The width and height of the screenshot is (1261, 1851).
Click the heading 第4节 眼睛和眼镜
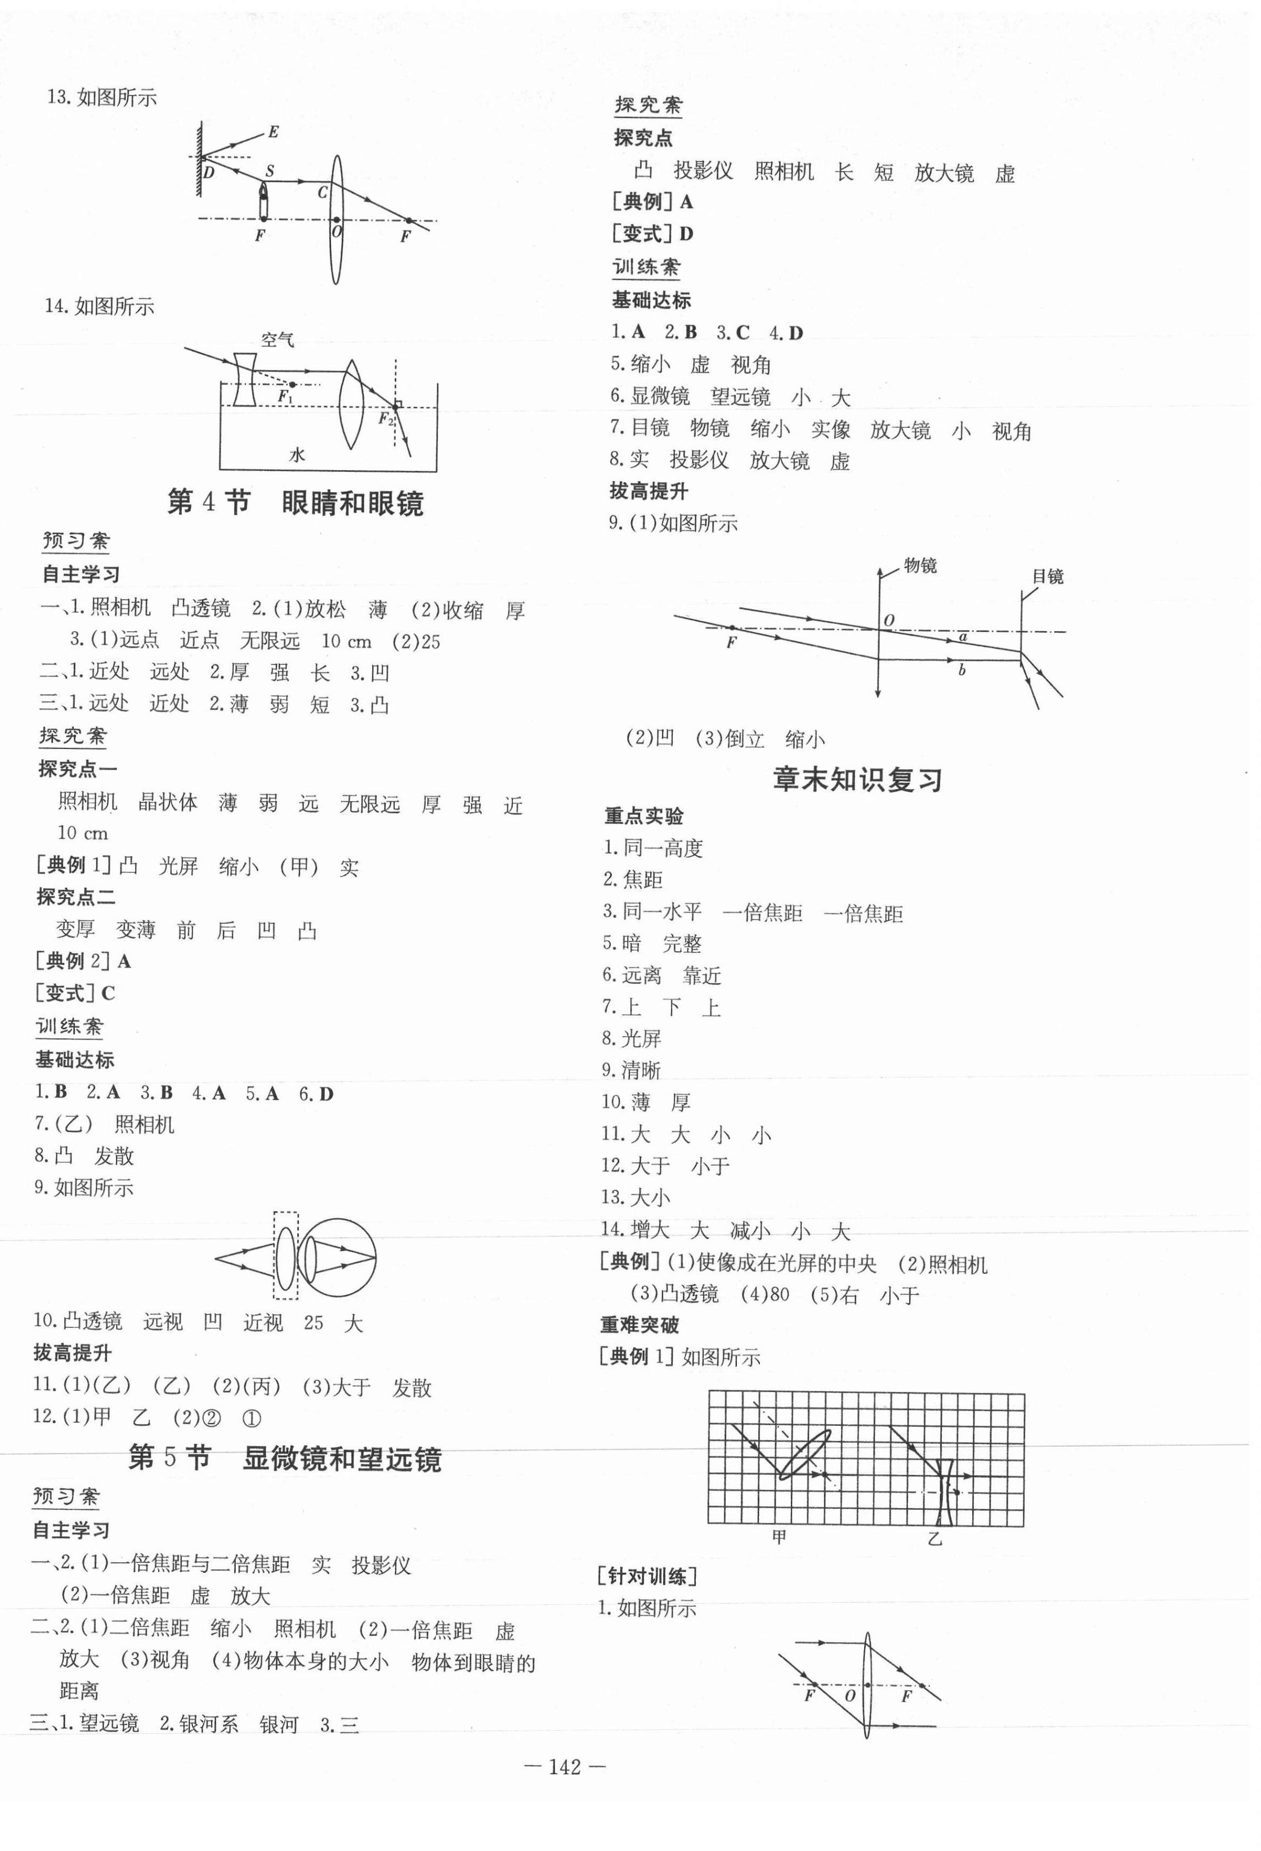click(x=296, y=502)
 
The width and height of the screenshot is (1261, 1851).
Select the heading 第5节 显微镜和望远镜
click(x=285, y=1459)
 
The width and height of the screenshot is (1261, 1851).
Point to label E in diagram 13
click(x=273, y=132)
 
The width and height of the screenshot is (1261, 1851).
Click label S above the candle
click(x=269, y=171)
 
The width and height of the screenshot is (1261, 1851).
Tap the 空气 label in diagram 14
click(x=277, y=340)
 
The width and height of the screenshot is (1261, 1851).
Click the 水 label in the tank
click(x=297, y=455)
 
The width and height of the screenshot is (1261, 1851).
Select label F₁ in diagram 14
click(x=285, y=396)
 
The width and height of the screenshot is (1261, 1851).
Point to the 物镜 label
click(x=920, y=565)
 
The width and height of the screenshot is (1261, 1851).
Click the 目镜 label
click(x=1048, y=576)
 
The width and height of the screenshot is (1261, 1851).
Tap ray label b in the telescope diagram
click(x=962, y=671)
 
